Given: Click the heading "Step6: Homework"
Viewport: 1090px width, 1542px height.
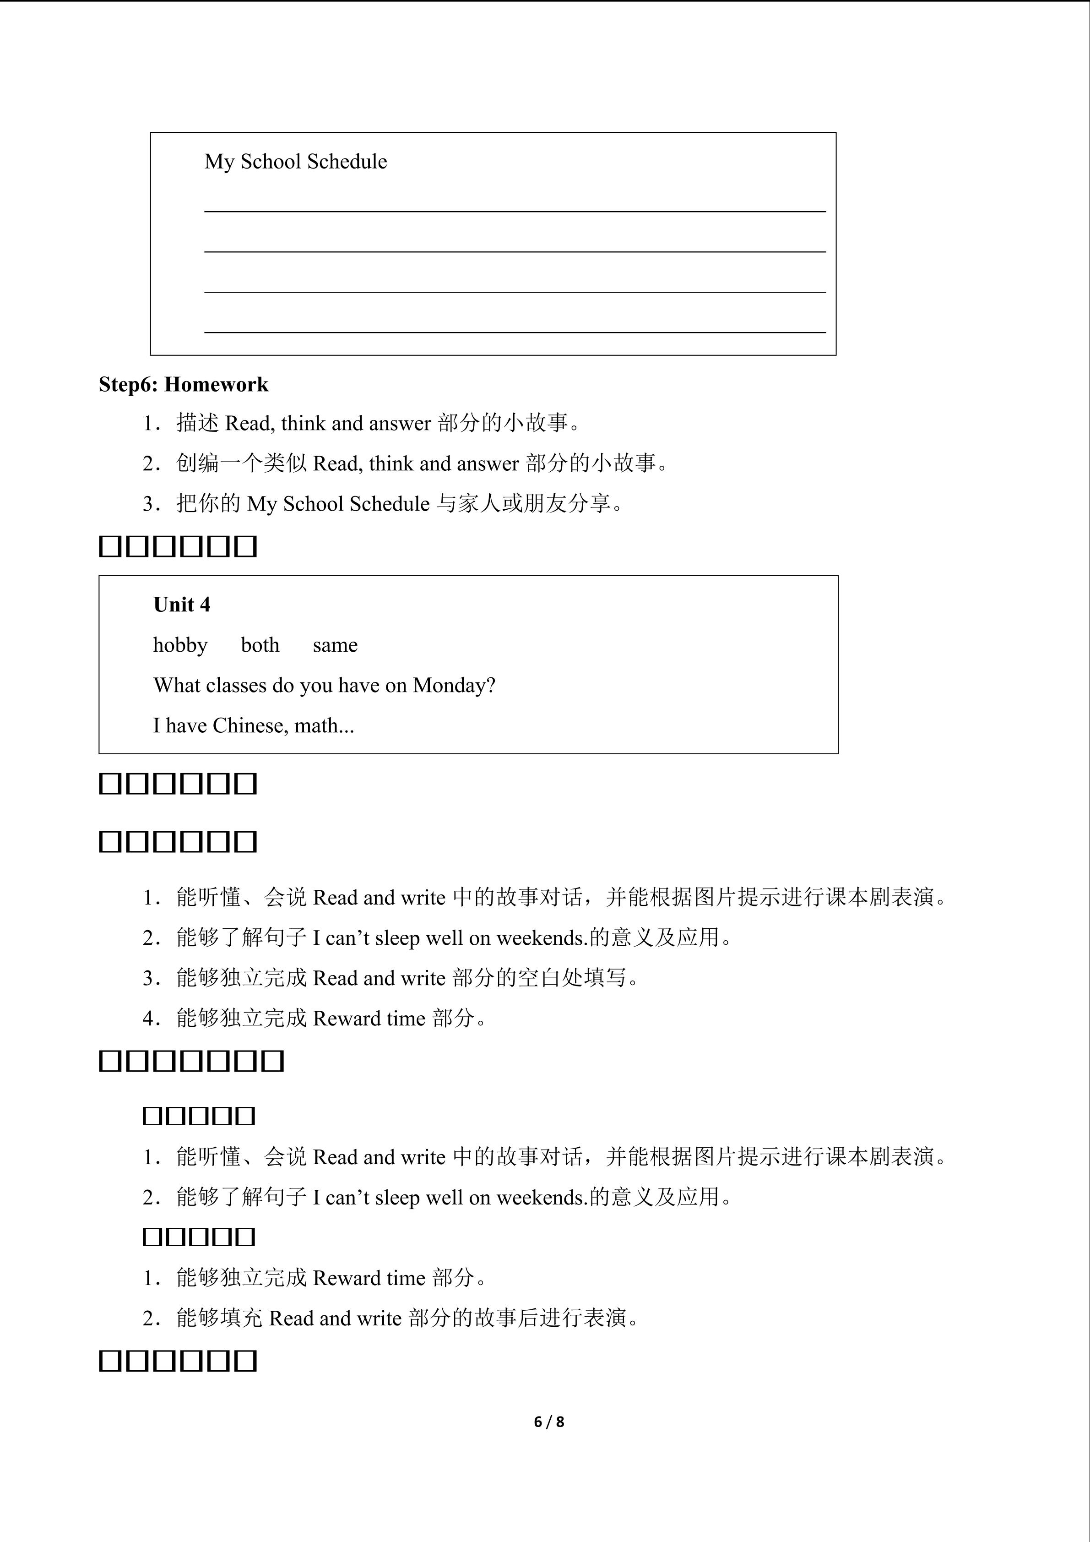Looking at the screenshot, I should pos(183,385).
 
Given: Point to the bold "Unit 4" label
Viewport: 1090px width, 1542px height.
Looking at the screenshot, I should pos(181,605).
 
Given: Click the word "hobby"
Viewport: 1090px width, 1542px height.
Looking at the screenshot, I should pos(180,645).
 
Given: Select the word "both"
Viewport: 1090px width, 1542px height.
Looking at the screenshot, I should pos(260,645).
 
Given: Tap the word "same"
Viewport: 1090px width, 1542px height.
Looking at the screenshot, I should pos(335,645).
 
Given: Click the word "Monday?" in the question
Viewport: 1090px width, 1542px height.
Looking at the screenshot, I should pos(454,686).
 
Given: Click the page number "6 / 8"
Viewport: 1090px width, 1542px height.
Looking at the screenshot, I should pos(548,1422).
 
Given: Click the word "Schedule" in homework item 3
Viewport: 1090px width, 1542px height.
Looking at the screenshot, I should pos(390,504).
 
